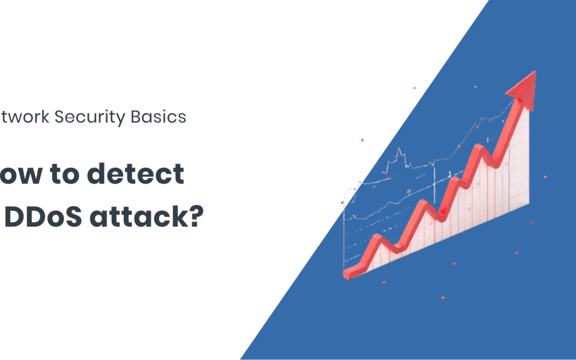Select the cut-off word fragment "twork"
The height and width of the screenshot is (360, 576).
coord(26,117)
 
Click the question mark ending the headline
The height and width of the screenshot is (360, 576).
coord(194,218)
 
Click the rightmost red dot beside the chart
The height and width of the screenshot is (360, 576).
coord(545,177)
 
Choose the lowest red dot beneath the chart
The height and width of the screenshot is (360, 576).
coord(442,298)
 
